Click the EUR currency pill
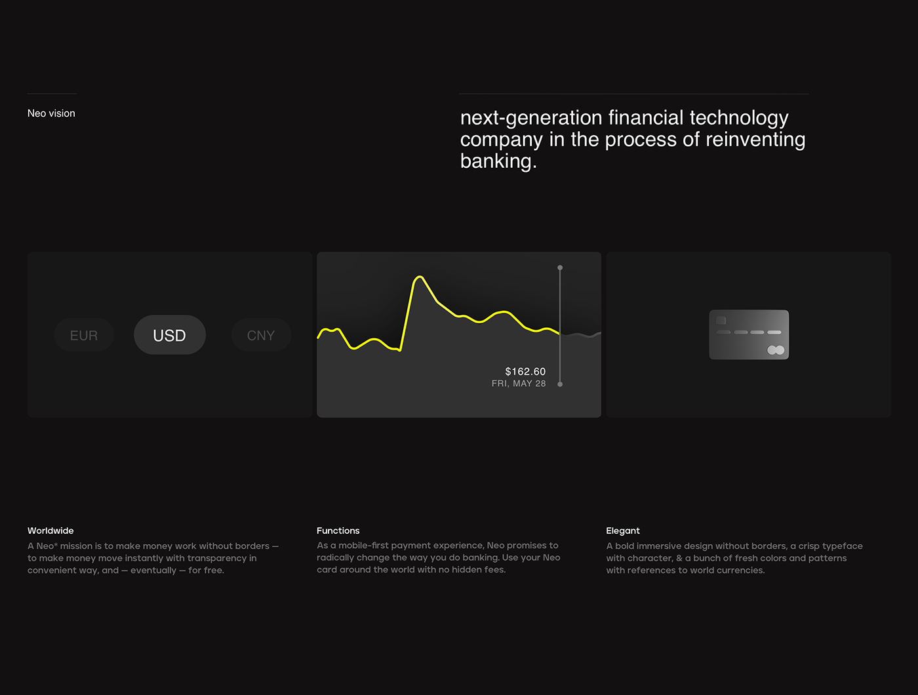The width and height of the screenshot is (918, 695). [84, 335]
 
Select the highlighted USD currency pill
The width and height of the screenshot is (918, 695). [169, 335]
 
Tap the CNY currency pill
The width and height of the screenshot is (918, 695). [261, 335]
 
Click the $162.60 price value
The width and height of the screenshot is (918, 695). [525, 372]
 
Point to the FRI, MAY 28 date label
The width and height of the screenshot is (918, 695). [519, 384]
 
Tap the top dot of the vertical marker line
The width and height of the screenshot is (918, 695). [560, 268]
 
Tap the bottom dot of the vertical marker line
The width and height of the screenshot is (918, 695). [560, 384]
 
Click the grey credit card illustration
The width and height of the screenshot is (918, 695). [749, 334]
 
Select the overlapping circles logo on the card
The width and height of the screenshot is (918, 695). [776, 350]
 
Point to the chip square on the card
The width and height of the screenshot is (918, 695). [721, 320]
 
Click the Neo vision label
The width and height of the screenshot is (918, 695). [51, 113]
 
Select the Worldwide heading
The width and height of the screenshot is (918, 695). [50, 530]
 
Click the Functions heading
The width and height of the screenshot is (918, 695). [338, 530]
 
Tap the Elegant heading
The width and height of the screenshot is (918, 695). [623, 530]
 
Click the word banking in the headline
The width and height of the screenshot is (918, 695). [498, 161]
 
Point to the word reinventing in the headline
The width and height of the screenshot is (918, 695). [755, 140]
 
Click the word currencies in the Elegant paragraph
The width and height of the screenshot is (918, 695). [741, 570]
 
